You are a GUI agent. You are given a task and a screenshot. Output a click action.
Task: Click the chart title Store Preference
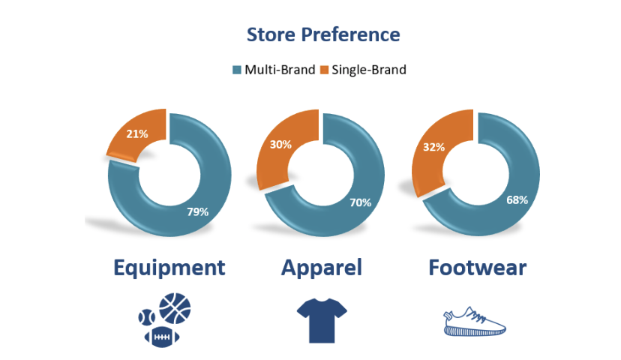click(323, 34)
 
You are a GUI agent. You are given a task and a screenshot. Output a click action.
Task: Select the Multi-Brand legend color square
click(237, 70)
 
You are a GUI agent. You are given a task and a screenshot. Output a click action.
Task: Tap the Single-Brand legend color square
click(324, 70)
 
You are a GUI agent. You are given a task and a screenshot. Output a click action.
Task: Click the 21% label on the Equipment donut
click(137, 133)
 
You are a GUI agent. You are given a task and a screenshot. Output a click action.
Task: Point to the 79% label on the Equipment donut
click(198, 212)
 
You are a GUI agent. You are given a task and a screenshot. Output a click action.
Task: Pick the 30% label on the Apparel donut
click(280, 145)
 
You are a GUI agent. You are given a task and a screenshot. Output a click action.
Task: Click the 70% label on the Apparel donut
click(361, 202)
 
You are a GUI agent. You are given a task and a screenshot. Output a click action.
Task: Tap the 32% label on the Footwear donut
click(433, 147)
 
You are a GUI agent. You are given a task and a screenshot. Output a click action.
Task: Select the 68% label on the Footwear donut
click(517, 200)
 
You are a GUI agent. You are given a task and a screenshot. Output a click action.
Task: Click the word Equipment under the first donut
click(169, 268)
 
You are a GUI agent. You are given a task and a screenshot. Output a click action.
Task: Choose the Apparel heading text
click(322, 268)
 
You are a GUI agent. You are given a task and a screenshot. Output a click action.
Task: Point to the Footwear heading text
click(478, 268)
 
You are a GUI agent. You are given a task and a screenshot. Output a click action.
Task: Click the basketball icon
click(175, 308)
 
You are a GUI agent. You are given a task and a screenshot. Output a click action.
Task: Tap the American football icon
click(162, 337)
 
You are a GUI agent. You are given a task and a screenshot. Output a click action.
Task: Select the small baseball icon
click(146, 317)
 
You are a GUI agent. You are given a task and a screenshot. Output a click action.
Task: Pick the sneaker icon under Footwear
click(475, 322)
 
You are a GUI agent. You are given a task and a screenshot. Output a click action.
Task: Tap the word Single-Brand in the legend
click(369, 70)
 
